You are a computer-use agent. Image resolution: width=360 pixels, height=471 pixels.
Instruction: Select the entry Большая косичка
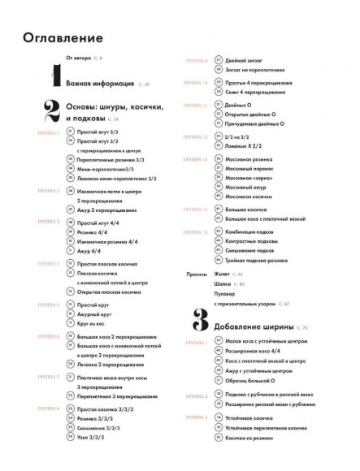point(247,208)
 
